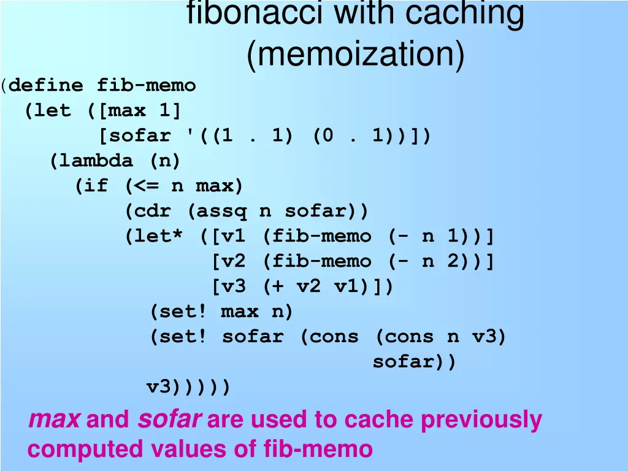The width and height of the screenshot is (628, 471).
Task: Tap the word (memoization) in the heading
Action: (x=355, y=55)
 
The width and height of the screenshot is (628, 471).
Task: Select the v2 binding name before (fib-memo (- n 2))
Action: (x=233, y=261)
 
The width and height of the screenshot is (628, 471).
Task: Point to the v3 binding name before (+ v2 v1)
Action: (x=233, y=286)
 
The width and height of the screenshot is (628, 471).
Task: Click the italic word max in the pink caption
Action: (x=54, y=420)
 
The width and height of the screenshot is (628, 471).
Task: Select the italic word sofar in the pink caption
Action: (x=169, y=420)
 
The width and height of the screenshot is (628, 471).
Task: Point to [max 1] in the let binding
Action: (x=140, y=111)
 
